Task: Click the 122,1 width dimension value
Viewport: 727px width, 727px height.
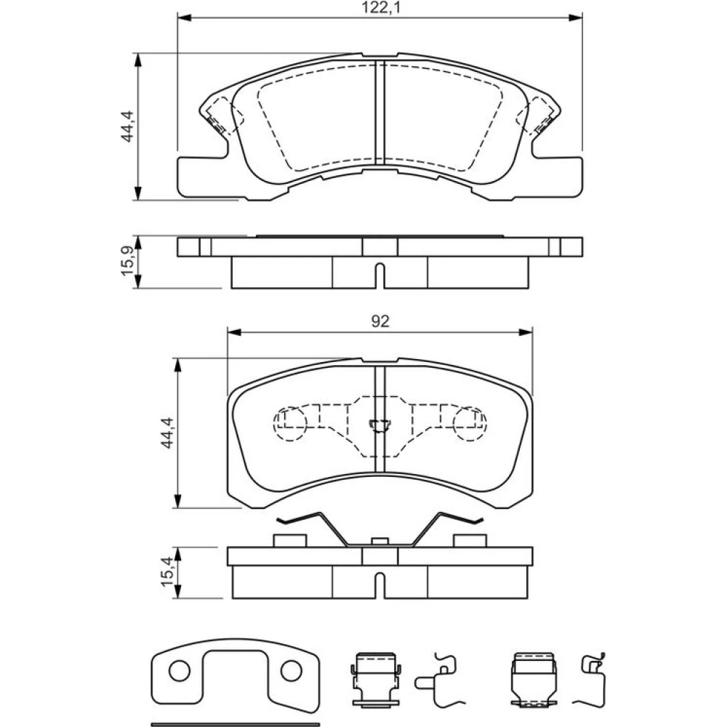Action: pyautogui.click(x=379, y=8)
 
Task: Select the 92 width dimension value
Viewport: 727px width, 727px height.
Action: pyautogui.click(x=380, y=321)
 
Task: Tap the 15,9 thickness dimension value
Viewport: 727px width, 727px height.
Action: pyautogui.click(x=127, y=262)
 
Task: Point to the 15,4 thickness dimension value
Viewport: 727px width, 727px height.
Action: pyautogui.click(x=167, y=572)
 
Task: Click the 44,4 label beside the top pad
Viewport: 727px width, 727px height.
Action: pyautogui.click(x=126, y=126)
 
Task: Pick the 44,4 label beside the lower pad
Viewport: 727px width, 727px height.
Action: pyautogui.click(x=167, y=432)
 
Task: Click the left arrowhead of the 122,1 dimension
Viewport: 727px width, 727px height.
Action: pyautogui.click(x=184, y=17)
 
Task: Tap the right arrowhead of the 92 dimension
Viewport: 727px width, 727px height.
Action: pyautogui.click(x=526, y=332)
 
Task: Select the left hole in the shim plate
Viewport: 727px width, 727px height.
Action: pyautogui.click(x=180, y=671)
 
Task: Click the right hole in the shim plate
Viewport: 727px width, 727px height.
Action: pyautogui.click(x=292, y=671)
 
